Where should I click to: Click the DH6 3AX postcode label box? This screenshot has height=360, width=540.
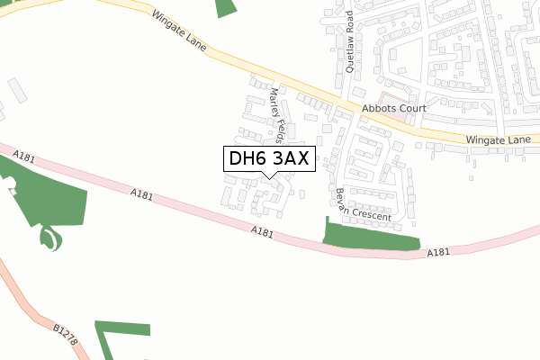point(269,158)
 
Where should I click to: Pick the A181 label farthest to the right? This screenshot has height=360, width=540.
point(437,253)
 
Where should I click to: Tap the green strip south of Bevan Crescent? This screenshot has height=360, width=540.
point(370,238)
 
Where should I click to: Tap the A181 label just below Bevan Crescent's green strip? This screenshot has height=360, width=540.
point(437,253)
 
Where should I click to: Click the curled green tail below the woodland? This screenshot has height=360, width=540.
point(51,239)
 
